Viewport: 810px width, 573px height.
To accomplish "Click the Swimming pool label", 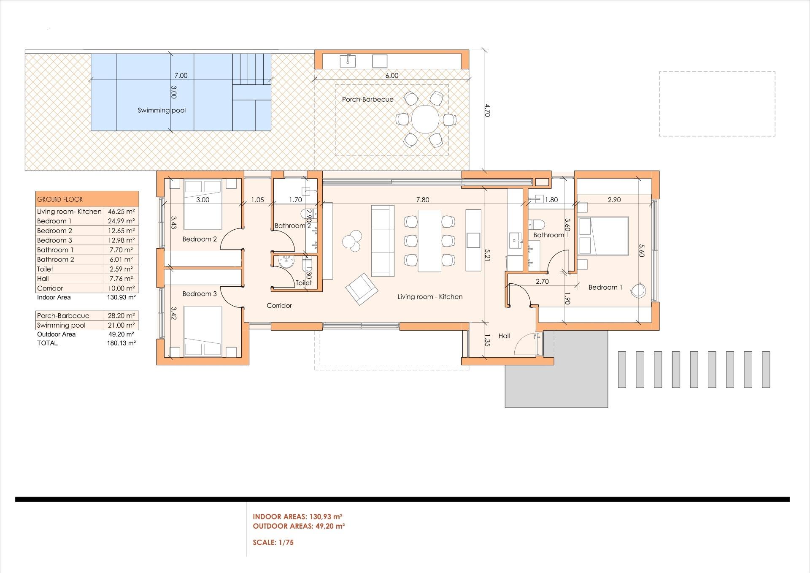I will pos(162,111).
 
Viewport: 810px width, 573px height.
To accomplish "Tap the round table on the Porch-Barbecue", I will pos(425,119).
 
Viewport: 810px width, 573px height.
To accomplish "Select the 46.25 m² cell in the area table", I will pos(121,212).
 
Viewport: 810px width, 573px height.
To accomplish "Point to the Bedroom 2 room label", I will pos(200,239).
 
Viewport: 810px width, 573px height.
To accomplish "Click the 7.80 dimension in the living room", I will pos(423,200).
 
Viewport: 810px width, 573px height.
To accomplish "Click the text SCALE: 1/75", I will pos(273,543).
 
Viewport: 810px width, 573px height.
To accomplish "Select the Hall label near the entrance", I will pos(504,336).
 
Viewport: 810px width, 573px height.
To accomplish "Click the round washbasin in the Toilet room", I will pos(286,262).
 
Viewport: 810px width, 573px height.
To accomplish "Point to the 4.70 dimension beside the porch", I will pos(487,111).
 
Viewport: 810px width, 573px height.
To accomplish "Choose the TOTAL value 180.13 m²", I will pos(121,343).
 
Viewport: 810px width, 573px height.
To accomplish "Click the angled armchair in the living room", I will pos(362,289).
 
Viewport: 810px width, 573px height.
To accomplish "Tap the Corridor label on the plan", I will pos(279,306).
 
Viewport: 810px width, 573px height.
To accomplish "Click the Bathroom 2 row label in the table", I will pos(55,260).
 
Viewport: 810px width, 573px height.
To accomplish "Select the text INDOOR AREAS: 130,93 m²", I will pos(297,516).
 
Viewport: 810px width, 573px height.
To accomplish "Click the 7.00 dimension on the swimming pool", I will pos(181,76).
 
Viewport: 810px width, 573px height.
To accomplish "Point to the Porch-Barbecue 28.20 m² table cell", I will pos(121,316).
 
